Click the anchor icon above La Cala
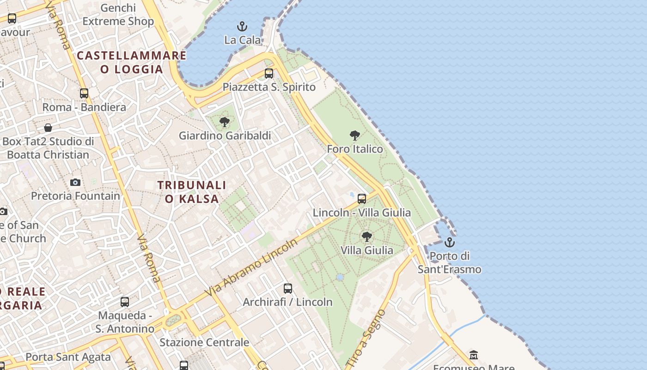point(242,26)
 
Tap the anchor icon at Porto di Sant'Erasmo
point(449,242)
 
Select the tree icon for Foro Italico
point(355,135)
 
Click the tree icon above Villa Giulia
point(367,236)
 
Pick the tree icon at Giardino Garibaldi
point(225,122)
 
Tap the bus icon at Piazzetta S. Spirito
point(269,73)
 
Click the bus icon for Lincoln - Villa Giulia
point(362,198)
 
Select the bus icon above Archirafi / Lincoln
point(288,288)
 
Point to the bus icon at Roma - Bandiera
point(84,93)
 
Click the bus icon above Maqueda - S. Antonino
point(125,302)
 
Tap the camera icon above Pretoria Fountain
point(75,182)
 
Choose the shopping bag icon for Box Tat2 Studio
point(48,127)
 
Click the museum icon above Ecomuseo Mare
point(474,355)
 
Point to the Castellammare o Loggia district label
point(132,62)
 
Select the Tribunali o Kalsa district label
point(192,192)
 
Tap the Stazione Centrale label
point(204,342)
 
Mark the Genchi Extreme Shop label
point(118,15)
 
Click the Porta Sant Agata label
point(68,357)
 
